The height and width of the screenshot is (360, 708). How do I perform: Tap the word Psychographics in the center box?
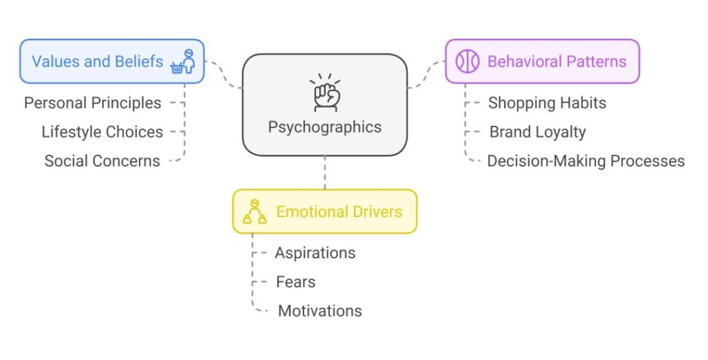[324, 127]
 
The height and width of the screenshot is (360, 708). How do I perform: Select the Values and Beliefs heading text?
[97, 61]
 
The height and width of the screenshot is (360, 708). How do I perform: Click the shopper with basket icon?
[184, 61]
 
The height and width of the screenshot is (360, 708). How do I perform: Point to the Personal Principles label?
[93, 103]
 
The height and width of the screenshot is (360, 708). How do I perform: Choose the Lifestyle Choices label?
[102, 132]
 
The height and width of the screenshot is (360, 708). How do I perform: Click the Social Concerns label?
[102, 161]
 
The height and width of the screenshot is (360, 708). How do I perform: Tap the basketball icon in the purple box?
[467, 61]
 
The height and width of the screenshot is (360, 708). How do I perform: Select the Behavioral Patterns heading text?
[557, 61]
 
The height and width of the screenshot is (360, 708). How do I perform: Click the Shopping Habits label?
[547, 103]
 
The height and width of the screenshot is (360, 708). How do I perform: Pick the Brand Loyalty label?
[537, 132]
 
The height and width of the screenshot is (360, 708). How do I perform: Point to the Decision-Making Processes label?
[586, 161]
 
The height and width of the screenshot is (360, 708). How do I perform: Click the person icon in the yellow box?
[254, 211]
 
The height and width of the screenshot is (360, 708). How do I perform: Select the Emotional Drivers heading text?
[339, 211]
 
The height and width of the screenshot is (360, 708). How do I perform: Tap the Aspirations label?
[315, 253]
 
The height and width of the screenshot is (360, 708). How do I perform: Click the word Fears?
[295, 282]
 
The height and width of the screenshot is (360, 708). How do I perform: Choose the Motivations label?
[319, 311]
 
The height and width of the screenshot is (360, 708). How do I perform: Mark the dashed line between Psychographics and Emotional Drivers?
[324, 172]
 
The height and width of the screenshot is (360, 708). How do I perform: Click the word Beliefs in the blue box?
[138, 61]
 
